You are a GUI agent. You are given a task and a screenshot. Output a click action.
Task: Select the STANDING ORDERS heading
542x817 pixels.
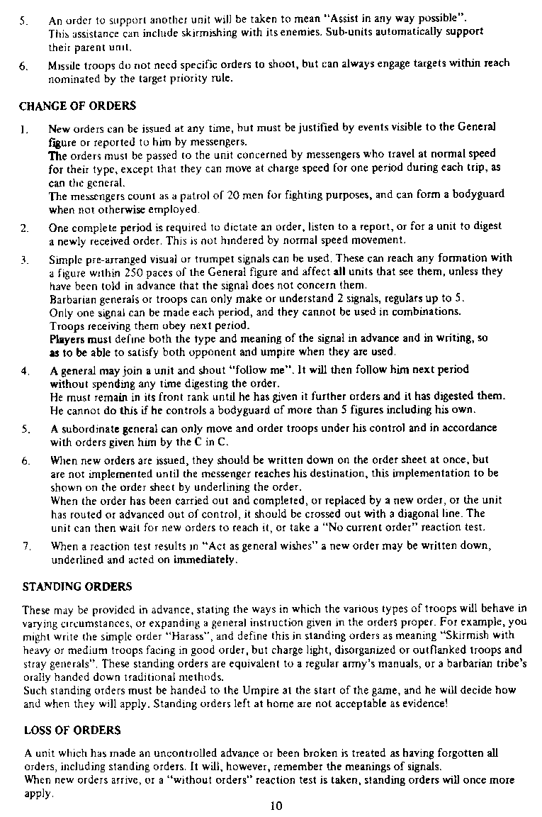[x=77, y=587]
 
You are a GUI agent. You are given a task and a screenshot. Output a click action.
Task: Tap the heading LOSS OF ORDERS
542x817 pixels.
[x=72, y=730]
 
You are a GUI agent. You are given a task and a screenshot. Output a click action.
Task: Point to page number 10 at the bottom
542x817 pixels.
[x=277, y=805]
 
